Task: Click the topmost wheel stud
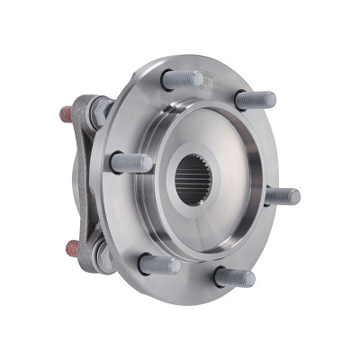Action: click(183, 79)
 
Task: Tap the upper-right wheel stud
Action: click(255, 99)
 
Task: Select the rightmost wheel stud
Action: click(282, 195)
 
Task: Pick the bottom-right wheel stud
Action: click(234, 277)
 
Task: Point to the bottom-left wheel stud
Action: click(159, 265)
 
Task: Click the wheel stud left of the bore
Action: click(131, 163)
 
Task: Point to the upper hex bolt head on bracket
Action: click(94, 111)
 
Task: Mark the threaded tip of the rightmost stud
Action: click(292, 195)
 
